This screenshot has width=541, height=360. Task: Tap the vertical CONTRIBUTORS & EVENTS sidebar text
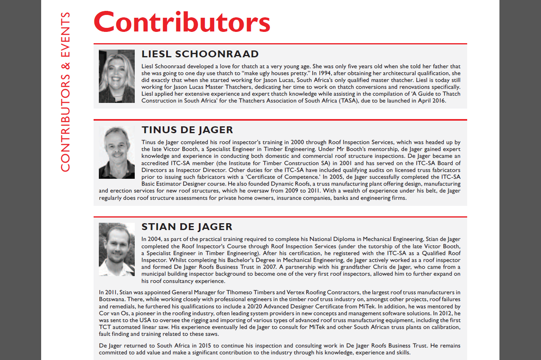click(x=65, y=92)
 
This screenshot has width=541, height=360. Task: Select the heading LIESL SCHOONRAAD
click(x=200, y=54)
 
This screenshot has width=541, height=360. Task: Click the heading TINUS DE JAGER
click(x=187, y=130)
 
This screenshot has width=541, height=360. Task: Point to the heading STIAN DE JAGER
click(x=187, y=227)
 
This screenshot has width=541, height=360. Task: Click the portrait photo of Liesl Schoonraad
click(x=117, y=76)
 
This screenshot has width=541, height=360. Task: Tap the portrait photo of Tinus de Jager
click(x=117, y=152)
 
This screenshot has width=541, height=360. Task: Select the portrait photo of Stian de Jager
click(x=117, y=249)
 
